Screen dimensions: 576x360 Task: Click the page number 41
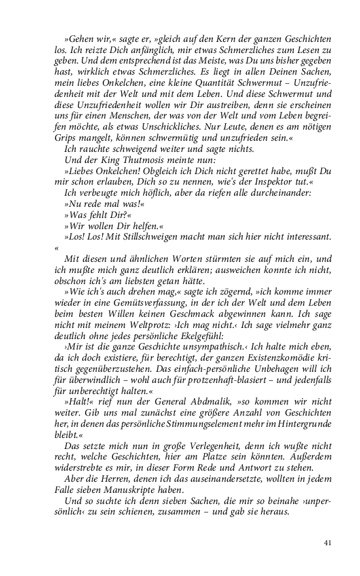327,542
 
